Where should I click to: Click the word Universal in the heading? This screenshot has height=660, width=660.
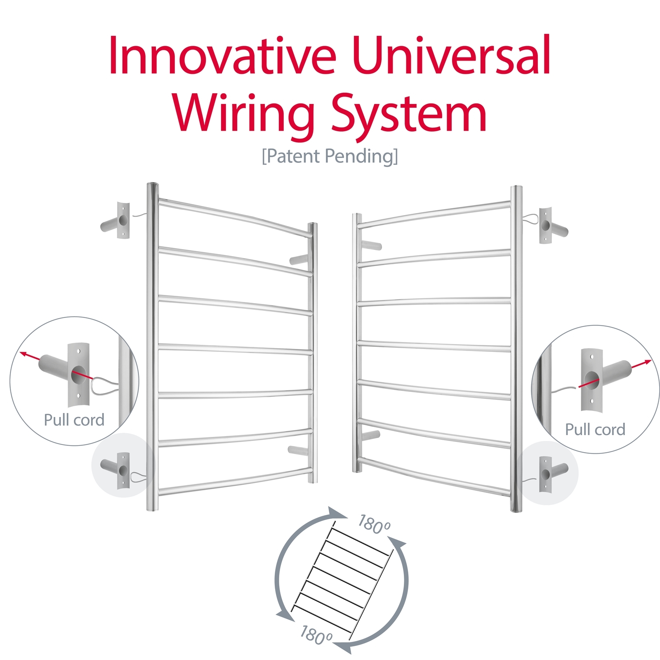[452, 56]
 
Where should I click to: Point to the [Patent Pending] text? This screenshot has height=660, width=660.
[330, 156]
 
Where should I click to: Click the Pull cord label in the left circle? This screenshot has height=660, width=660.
[74, 420]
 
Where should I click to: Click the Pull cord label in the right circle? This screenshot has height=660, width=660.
[595, 429]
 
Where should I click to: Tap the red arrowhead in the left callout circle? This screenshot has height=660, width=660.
[24, 354]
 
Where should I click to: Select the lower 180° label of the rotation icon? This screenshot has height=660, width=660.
[316, 635]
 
